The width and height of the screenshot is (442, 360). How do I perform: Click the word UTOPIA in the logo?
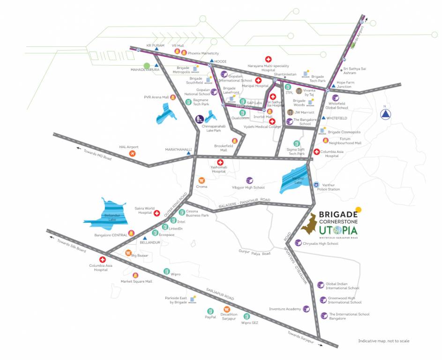pyautogui.click(x=338, y=231)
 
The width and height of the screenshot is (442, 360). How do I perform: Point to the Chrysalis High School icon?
pyautogui.click(x=298, y=243)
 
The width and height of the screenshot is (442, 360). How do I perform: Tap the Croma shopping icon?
pyautogui.click(x=202, y=180)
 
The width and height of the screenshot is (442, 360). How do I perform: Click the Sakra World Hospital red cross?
pyautogui.click(x=157, y=213)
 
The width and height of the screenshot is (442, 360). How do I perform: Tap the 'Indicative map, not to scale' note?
pyautogui.click(x=384, y=341)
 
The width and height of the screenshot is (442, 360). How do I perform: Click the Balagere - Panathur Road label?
pyautogui.click(x=245, y=203)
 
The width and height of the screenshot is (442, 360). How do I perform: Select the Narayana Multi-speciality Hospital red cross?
pyautogui.click(x=269, y=60)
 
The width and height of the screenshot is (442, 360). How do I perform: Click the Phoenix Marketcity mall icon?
pyautogui.click(x=184, y=52)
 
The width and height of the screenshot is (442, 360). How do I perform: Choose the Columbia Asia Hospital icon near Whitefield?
pyautogui.click(x=317, y=152)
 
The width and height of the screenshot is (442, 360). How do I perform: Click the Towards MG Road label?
pyautogui.click(x=97, y=155)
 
